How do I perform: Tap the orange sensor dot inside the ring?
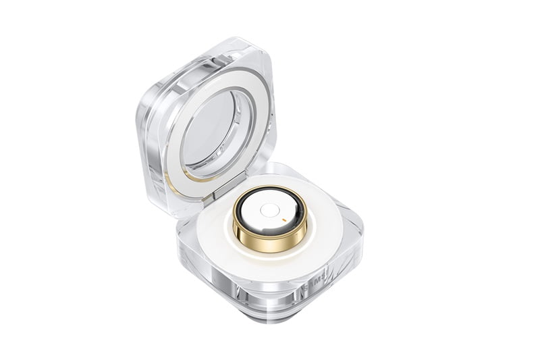[x=290, y=220]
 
